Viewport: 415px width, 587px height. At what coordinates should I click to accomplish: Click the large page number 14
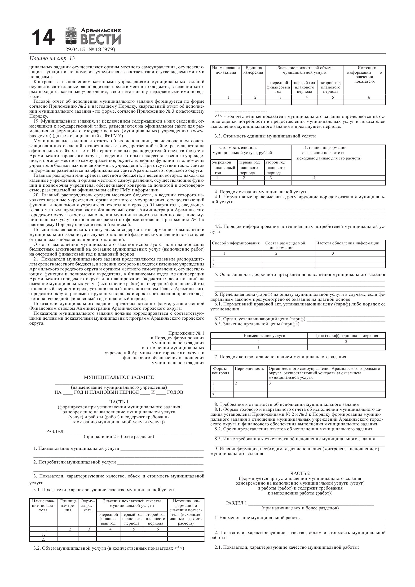coord(43,38)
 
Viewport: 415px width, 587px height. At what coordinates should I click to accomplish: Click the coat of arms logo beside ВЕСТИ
coord(72,36)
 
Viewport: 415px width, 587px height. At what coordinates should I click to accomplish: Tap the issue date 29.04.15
coord(75,50)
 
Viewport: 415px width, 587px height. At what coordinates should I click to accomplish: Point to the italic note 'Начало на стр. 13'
coord(52,58)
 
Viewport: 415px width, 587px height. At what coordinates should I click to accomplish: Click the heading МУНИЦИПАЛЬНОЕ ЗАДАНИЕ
coord(119,377)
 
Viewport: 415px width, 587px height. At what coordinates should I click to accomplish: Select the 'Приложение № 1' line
coord(186,333)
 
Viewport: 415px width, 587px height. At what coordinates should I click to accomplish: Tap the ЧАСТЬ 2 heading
coord(300,473)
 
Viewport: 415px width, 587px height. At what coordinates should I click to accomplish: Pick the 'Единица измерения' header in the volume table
coord(253,70)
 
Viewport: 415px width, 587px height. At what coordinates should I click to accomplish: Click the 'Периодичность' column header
coord(249,368)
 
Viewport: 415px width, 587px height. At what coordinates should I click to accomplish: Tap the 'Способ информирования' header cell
coord(236,243)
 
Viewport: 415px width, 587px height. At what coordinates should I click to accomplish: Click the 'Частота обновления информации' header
coord(348,243)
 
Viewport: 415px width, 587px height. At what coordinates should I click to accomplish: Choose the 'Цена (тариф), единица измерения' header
coord(346,336)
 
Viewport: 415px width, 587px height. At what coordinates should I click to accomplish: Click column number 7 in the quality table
coord(188,529)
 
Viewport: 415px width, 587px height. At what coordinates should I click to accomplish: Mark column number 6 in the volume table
coord(369,97)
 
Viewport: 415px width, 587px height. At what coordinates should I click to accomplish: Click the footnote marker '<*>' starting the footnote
coord(219,117)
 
